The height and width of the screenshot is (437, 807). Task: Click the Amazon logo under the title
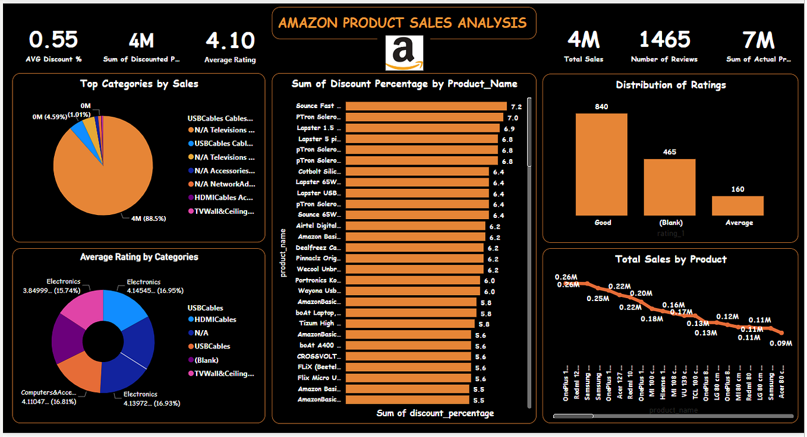[404, 53]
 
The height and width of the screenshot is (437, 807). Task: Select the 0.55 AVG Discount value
[53, 40]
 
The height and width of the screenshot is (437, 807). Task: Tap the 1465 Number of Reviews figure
[664, 40]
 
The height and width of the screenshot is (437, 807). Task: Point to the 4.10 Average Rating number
[230, 41]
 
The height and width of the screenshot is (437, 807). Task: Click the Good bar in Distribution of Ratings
[601, 164]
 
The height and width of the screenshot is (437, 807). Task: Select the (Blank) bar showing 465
[670, 187]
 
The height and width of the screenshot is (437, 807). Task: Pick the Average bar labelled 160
[737, 205]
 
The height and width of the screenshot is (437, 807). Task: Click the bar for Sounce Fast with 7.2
[425, 106]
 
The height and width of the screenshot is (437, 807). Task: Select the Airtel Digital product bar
[417, 226]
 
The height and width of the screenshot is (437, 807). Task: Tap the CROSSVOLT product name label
[319, 357]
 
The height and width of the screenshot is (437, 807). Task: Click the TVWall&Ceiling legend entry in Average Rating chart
[220, 373]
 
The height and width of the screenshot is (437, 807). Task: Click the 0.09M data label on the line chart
[780, 343]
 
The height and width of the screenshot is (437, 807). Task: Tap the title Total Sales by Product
[670, 259]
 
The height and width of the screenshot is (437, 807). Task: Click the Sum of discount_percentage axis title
[435, 413]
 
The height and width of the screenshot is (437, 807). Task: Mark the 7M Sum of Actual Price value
[758, 40]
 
